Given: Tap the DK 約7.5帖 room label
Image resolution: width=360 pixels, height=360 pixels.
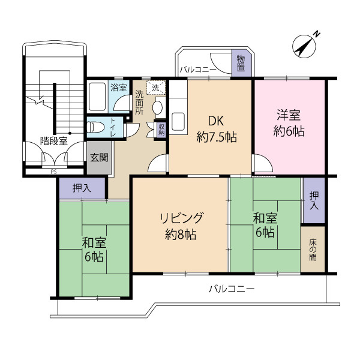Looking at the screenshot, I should point(217,128).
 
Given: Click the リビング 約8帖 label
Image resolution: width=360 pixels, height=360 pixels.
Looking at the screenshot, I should point(181,226).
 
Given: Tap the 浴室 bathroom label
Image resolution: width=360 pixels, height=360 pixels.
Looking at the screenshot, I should point(118,88).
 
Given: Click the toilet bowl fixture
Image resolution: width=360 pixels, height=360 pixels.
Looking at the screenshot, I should point(95,127).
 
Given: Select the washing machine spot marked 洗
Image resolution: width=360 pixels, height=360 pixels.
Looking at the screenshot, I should point(156,88).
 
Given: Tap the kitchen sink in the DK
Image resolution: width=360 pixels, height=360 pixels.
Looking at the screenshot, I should point(179,122).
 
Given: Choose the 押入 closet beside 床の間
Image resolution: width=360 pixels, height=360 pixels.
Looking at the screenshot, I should point(313,200).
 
